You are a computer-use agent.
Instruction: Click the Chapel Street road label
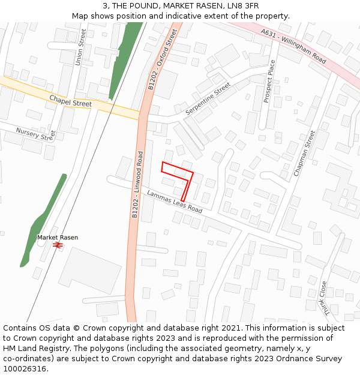point(71,100)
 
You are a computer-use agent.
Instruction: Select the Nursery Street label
point(35,134)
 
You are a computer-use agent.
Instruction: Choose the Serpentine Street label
point(208,99)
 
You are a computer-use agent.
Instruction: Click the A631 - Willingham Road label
point(293,47)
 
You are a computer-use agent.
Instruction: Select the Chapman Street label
point(304,153)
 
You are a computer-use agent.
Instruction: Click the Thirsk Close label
point(324,298)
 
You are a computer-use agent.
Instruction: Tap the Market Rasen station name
point(58,238)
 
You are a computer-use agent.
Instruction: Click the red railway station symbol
point(58,245)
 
